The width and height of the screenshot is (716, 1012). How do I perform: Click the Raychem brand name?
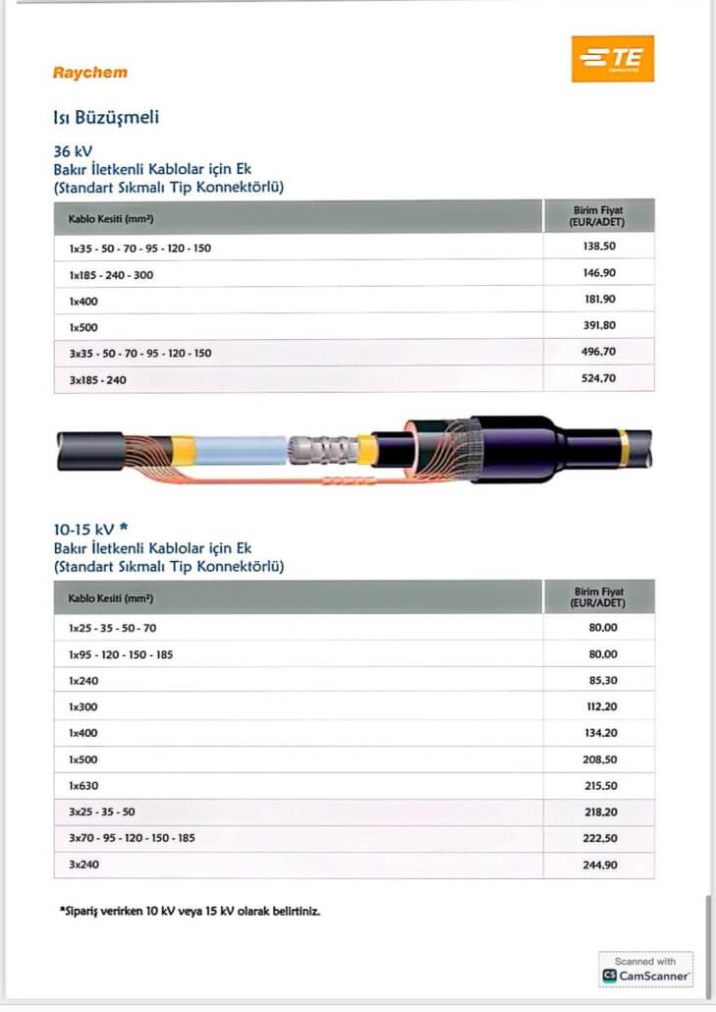point(89,72)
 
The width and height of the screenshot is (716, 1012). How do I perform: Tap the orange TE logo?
point(612,59)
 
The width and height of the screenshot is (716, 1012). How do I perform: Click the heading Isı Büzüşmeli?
point(106,118)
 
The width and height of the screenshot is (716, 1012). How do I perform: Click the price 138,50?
point(599,247)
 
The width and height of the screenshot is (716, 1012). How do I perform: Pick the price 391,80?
point(599,325)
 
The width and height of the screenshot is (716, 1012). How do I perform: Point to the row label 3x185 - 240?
point(97,379)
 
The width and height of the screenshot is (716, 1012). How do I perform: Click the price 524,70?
point(599,378)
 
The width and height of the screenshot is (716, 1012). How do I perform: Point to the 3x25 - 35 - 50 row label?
point(101,813)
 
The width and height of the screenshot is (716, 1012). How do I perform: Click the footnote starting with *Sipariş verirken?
point(190,911)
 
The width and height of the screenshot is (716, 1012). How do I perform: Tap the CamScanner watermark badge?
point(646,969)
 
